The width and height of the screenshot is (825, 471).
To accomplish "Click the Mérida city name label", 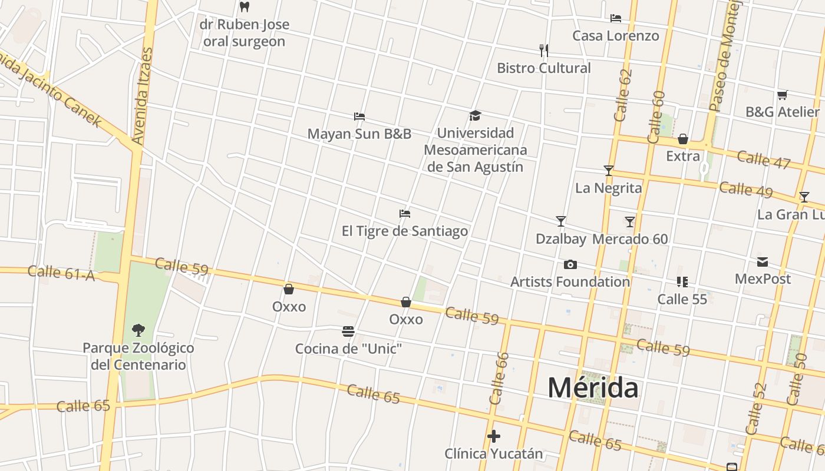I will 593,388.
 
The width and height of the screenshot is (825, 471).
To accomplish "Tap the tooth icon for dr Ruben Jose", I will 245,7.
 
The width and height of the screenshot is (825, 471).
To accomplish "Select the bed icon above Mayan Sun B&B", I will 359,116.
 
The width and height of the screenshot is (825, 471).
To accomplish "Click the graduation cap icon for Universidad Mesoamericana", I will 475,115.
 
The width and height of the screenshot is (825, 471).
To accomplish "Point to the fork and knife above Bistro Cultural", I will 544,51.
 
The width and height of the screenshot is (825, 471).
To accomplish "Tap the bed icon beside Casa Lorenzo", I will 616,18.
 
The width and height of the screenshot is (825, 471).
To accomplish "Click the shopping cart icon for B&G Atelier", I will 782,95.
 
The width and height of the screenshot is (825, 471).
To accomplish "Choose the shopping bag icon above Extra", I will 682,139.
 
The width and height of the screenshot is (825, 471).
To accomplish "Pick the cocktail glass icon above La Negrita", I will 609,171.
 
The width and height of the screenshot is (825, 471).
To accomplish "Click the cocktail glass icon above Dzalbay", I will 560,221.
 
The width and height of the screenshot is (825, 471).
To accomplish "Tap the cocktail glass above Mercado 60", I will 630,221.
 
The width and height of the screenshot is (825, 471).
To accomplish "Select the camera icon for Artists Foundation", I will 570,264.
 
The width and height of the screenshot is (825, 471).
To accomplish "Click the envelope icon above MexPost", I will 763,261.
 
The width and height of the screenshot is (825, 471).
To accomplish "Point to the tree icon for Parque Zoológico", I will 138,330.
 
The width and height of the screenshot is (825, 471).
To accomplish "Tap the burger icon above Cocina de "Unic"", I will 348,331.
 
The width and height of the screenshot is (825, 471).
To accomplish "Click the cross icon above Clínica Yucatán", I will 493,436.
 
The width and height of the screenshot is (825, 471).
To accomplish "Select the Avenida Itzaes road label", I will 143,96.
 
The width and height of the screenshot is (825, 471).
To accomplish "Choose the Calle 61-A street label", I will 61,273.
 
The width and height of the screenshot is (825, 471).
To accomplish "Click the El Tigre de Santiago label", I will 405,231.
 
